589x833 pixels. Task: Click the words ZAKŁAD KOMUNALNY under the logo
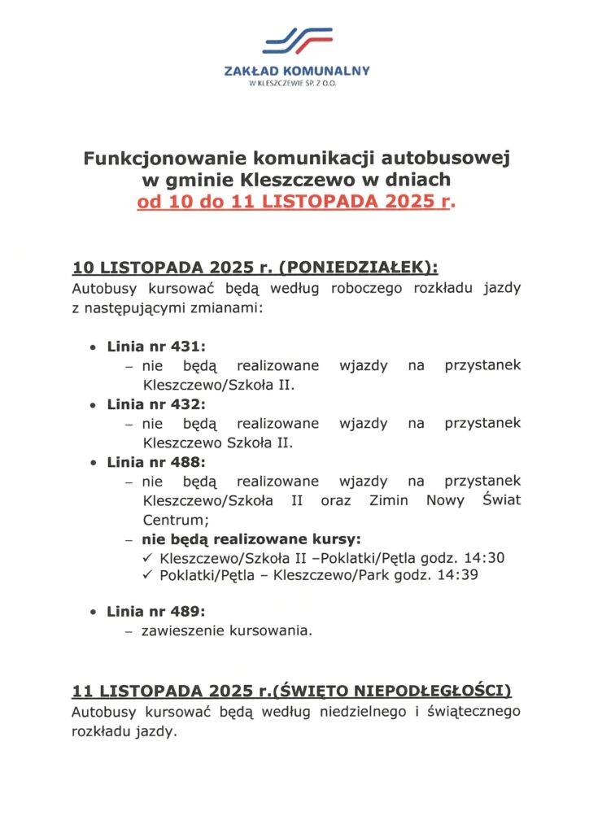296,72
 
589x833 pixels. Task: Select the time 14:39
457,575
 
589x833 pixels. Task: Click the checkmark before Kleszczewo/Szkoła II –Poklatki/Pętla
147,558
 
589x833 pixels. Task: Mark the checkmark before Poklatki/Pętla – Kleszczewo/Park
147,575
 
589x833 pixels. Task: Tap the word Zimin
389,500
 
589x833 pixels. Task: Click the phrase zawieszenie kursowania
227,630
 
